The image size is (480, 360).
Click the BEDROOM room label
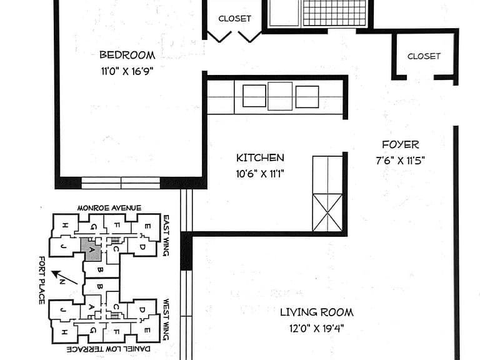127,55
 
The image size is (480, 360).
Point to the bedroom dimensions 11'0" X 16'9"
127,71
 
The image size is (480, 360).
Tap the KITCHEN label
260,158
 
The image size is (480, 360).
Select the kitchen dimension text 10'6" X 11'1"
260,174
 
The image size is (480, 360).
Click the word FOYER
401,144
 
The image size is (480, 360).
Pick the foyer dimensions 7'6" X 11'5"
401,161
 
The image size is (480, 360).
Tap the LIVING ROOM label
317,312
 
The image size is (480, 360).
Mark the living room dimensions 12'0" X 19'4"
317,329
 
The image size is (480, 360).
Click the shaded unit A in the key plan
91,249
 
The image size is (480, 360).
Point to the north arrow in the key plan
64,277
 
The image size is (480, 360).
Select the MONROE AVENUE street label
109,208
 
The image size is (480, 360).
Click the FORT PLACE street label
42,281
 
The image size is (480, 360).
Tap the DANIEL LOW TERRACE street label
109,349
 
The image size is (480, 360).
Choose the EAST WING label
166,236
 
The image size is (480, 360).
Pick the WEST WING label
166,319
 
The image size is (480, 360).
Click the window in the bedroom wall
121,182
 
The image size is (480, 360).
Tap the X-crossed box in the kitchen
327,212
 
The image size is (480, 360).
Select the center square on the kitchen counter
280,96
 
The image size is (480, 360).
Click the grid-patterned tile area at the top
334,13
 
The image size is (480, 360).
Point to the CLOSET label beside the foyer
424,56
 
